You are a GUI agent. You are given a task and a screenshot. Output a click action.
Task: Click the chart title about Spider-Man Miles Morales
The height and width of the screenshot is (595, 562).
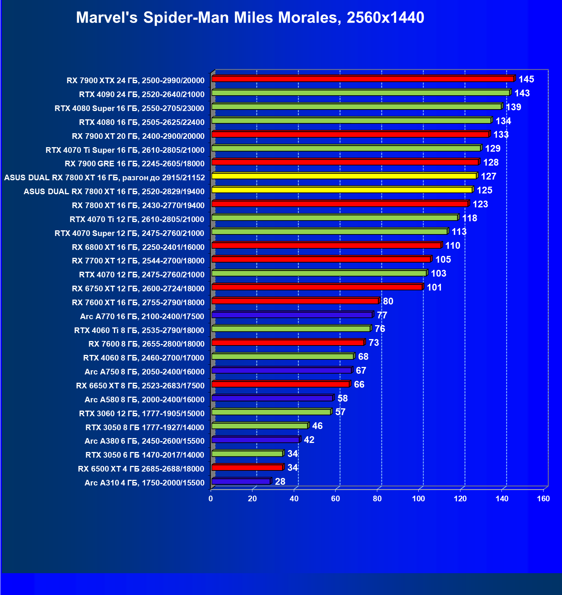click(250, 18)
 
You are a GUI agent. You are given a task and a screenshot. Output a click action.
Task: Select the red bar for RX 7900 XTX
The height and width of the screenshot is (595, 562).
click(363, 79)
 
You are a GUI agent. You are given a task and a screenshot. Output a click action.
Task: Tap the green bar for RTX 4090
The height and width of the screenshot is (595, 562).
click(360, 93)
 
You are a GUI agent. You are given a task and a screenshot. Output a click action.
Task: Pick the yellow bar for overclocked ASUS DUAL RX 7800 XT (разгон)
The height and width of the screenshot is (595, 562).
click(344, 176)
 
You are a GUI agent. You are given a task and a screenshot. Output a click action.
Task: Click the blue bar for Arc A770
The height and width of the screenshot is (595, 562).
click(292, 315)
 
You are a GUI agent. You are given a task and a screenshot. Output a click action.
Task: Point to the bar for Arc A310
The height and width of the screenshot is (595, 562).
click(241, 481)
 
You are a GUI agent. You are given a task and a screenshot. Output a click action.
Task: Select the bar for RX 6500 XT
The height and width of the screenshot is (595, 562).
click(247, 467)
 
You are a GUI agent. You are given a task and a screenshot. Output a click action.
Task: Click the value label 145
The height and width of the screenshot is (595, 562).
click(526, 79)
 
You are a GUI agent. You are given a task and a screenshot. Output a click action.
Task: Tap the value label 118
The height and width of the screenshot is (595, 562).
click(469, 218)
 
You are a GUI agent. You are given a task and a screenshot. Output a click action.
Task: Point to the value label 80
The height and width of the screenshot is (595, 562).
click(388, 301)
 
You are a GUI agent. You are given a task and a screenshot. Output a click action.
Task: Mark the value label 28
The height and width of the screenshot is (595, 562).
click(280, 482)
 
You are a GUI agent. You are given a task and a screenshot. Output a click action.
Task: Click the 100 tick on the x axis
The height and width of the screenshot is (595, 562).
click(418, 499)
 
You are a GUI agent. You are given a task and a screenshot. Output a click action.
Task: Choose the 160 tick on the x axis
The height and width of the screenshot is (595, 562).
click(543, 499)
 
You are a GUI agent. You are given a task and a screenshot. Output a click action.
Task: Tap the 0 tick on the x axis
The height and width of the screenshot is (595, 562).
click(211, 499)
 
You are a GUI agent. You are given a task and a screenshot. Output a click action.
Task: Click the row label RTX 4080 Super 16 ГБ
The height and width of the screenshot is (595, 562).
click(129, 108)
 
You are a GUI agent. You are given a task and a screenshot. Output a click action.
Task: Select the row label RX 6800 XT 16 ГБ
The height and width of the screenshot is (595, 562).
click(138, 247)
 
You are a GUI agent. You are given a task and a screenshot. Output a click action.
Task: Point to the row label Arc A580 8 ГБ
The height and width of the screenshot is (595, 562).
click(144, 400)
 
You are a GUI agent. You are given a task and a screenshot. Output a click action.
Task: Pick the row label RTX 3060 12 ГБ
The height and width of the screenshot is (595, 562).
click(142, 414)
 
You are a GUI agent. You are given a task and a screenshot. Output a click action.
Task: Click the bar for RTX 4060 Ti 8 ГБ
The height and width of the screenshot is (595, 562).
click(291, 329)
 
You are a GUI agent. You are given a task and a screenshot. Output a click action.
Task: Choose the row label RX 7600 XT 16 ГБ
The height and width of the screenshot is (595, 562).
click(138, 303)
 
